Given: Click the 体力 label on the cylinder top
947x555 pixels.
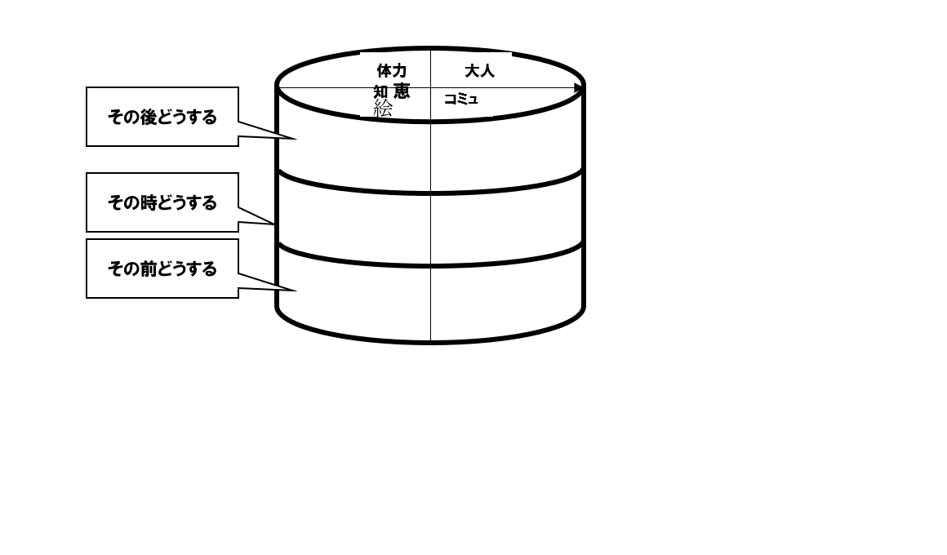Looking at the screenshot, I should click(391, 71).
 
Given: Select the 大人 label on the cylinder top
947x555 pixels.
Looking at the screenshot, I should click(479, 71).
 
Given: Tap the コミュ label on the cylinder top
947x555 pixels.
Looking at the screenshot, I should click(460, 100).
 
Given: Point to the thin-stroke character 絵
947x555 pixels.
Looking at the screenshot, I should click(383, 108).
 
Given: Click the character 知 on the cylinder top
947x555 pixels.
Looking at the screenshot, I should click(380, 91).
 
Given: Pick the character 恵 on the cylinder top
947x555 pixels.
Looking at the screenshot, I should click(401, 91).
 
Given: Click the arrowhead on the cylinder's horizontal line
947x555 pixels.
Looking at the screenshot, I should click(579, 88).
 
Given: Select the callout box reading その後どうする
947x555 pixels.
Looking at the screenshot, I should click(162, 117).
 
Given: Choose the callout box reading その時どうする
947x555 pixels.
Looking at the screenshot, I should click(162, 202).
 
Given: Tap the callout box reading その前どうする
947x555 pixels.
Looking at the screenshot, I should click(162, 269).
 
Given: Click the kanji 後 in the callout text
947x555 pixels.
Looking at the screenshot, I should click(148, 117).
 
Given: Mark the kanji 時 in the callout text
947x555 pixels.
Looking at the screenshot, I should click(148, 202).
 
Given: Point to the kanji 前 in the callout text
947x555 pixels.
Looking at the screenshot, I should click(148, 269).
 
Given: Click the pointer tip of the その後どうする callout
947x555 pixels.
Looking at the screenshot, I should click(294, 139).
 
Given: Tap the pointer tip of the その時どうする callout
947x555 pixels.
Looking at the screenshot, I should click(275, 224).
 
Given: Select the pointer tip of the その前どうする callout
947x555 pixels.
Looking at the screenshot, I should click(294, 290).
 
